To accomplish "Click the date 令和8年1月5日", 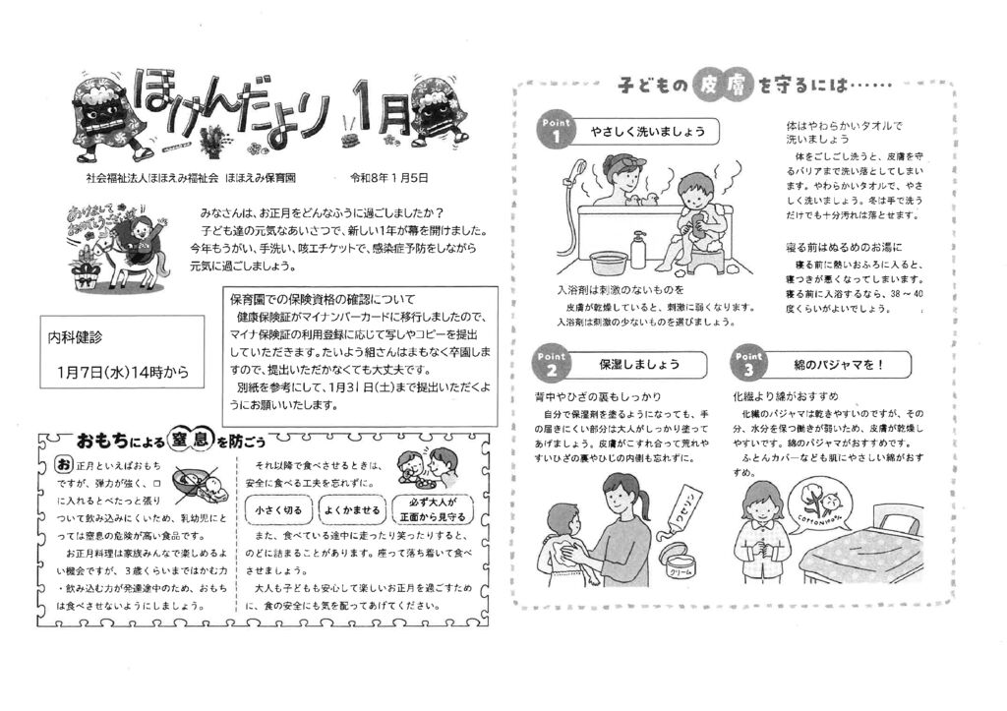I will [388, 178].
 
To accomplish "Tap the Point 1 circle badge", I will [556, 131].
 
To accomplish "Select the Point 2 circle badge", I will [551, 364].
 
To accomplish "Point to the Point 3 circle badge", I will [748, 364].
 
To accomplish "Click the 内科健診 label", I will [76, 337].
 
